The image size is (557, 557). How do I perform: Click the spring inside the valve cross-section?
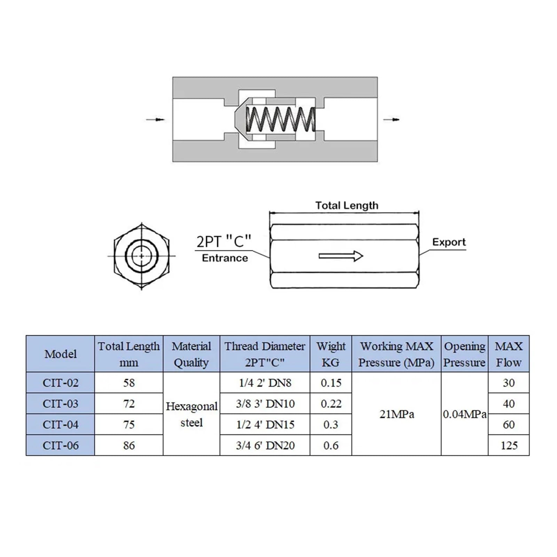(281, 119)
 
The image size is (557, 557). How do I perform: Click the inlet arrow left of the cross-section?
(155, 120)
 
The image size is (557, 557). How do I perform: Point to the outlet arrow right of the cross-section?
(391, 120)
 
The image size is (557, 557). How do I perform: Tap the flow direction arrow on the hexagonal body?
(341, 256)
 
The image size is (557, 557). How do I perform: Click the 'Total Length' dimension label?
(347, 205)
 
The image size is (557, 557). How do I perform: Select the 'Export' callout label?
(449, 242)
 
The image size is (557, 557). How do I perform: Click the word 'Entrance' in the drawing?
(225, 258)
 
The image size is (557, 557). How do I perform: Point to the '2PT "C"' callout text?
(224, 241)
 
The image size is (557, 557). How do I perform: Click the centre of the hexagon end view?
(141, 256)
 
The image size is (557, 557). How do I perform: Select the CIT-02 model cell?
(60, 383)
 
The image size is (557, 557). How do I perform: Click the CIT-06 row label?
(60, 445)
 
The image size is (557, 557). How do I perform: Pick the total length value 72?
(129, 403)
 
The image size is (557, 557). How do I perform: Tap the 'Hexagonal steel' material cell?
(191, 414)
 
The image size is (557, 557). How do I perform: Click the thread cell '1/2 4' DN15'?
(265, 424)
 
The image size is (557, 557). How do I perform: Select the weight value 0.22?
(331, 403)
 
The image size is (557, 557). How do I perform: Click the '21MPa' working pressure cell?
(397, 414)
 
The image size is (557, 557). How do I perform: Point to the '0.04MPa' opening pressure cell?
(465, 414)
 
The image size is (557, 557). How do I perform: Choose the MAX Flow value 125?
(509, 445)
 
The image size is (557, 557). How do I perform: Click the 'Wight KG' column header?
(331, 354)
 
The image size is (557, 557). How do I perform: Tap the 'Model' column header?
(60, 354)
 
